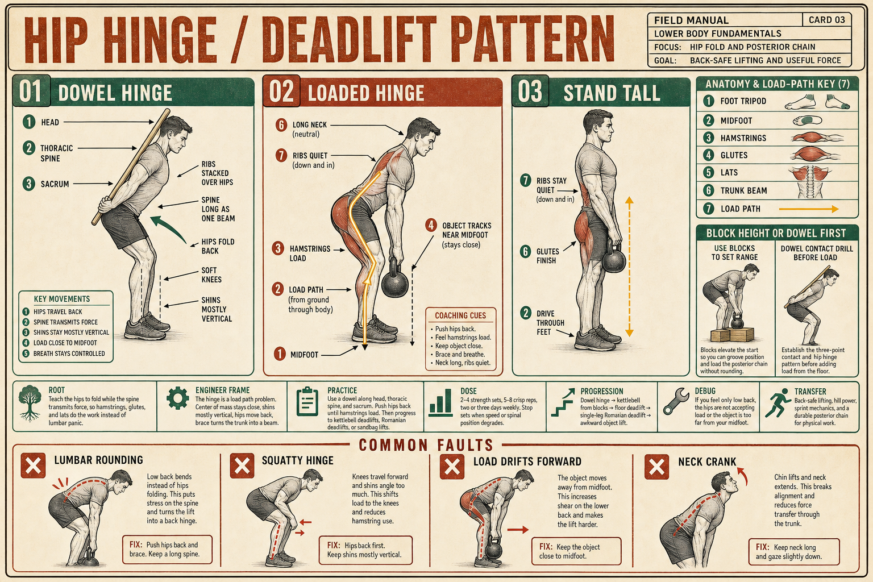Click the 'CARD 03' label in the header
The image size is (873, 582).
(x=826, y=20)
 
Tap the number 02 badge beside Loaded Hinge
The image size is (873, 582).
(x=281, y=92)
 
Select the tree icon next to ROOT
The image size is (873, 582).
(x=30, y=403)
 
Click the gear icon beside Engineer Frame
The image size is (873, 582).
(x=178, y=398)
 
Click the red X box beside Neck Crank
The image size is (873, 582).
(x=656, y=467)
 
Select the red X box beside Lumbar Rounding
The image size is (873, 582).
(x=33, y=465)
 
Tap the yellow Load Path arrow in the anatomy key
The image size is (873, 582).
(x=809, y=209)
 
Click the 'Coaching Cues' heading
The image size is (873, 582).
(x=460, y=315)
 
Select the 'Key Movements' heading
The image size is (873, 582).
(x=62, y=299)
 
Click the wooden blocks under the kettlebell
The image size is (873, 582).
(x=733, y=335)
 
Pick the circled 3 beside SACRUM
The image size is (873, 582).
(x=28, y=184)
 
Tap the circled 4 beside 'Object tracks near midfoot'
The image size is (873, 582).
(x=431, y=225)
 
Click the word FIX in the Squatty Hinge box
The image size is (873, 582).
(x=334, y=546)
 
